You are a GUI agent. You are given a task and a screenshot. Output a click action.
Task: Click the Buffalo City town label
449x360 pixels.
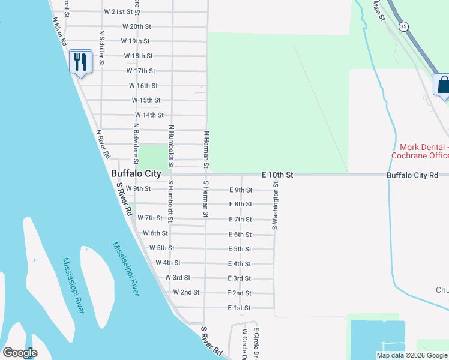point(136,174)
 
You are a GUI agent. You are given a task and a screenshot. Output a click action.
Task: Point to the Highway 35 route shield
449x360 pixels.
point(403,26)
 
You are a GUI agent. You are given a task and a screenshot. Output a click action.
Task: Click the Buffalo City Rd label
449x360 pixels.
point(413,175)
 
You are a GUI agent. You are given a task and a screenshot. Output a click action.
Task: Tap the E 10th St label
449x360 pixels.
point(277,175)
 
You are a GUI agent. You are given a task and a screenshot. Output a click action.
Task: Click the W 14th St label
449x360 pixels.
point(149,115)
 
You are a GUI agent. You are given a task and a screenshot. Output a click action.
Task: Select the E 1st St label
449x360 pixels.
point(239,308)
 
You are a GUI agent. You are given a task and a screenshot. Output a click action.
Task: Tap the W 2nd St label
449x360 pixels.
point(186,292)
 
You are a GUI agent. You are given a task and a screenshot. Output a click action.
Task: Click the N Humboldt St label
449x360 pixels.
point(171,146)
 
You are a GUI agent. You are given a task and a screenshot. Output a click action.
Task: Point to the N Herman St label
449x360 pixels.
point(206,149)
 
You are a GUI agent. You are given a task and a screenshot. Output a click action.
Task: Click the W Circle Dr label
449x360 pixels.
point(244,344)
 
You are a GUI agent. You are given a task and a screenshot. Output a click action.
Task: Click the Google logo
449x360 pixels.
point(20,353)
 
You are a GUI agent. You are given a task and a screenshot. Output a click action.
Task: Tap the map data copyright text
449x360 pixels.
point(412,355)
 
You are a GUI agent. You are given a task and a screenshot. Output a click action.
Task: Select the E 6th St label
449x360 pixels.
point(240,235)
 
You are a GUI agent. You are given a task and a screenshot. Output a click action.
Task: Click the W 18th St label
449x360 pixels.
point(139,56)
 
